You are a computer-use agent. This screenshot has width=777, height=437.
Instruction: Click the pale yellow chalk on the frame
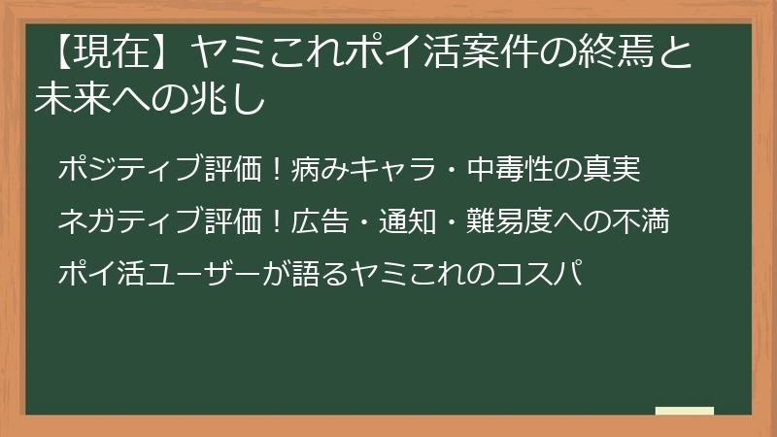[x=684, y=412]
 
